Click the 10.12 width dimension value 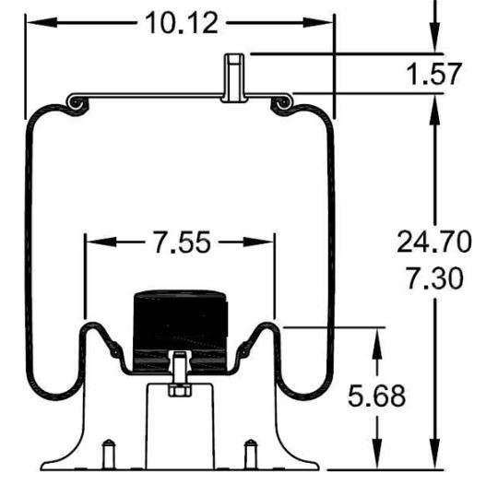tap(181, 23)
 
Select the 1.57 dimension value tap(433, 75)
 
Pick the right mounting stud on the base tap(249, 455)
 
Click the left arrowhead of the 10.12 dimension tap(33, 23)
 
